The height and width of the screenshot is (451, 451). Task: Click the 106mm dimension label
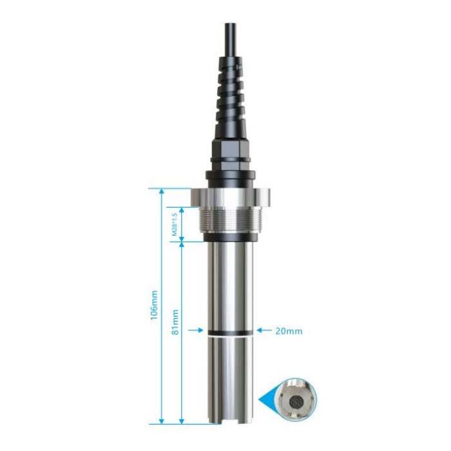(154, 305)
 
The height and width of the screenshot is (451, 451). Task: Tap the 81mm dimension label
(175, 322)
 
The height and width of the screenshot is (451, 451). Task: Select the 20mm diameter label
(289, 331)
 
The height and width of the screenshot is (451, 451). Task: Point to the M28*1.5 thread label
(175, 225)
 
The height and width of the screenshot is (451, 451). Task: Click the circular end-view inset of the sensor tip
(295, 399)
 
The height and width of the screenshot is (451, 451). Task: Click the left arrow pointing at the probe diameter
(196, 331)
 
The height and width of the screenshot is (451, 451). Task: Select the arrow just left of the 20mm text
(264, 330)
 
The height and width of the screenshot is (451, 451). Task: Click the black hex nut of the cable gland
(231, 148)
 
